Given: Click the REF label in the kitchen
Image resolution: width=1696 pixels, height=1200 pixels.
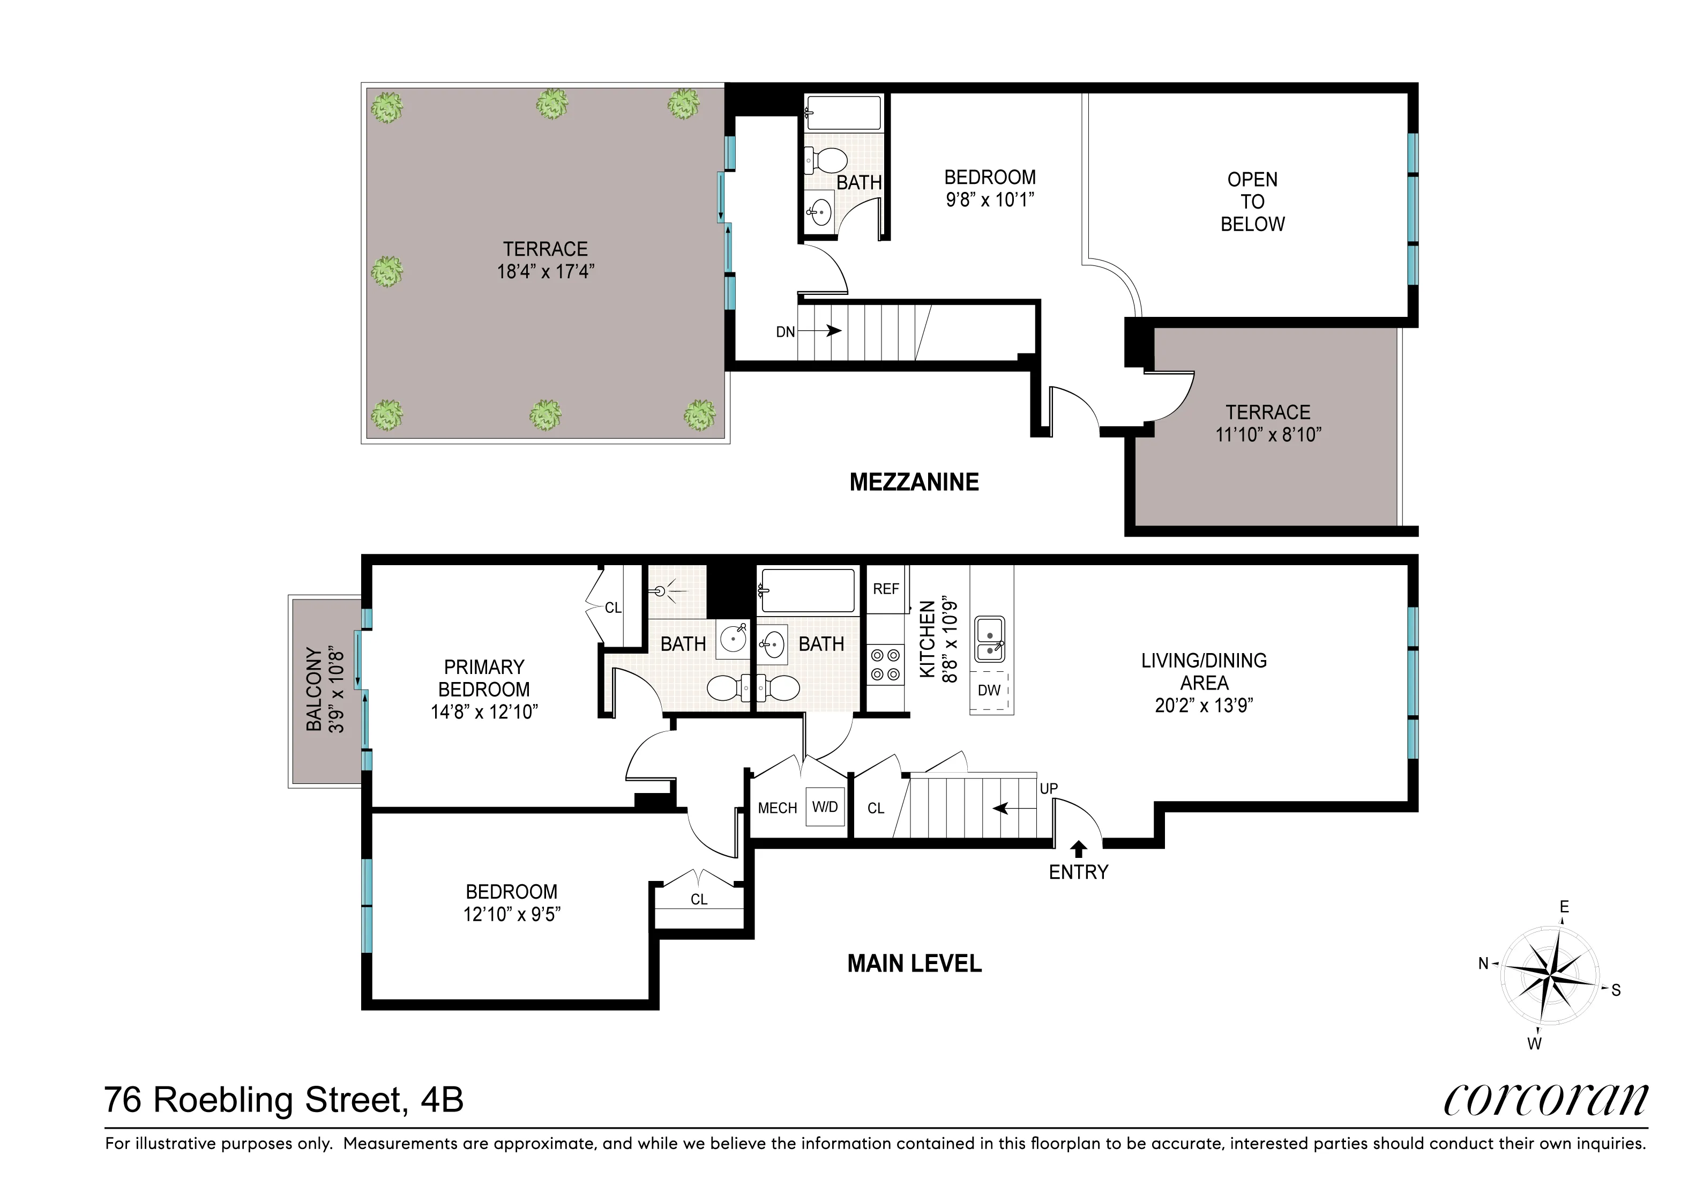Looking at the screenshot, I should tap(886, 589).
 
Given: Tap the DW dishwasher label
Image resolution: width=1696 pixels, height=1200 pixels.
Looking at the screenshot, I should tap(989, 690).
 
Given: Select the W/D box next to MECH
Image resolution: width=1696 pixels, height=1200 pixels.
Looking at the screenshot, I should tap(825, 807).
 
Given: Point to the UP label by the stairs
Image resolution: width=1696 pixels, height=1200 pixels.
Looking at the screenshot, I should tap(1049, 788).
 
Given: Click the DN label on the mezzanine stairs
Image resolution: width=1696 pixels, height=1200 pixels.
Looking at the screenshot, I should tap(785, 332).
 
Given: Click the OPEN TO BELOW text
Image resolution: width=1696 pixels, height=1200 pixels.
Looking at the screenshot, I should tap(1252, 202).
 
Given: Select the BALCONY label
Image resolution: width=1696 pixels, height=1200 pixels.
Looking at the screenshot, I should tap(315, 690).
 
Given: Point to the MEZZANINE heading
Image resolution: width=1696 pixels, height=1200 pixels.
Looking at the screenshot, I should tap(914, 482).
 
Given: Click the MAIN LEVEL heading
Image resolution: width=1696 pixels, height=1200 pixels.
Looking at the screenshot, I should tap(914, 964).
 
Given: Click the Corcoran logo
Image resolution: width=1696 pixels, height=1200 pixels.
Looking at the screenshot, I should tap(1545, 1101).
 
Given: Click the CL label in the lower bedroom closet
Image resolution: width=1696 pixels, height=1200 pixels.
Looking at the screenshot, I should tap(699, 899).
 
